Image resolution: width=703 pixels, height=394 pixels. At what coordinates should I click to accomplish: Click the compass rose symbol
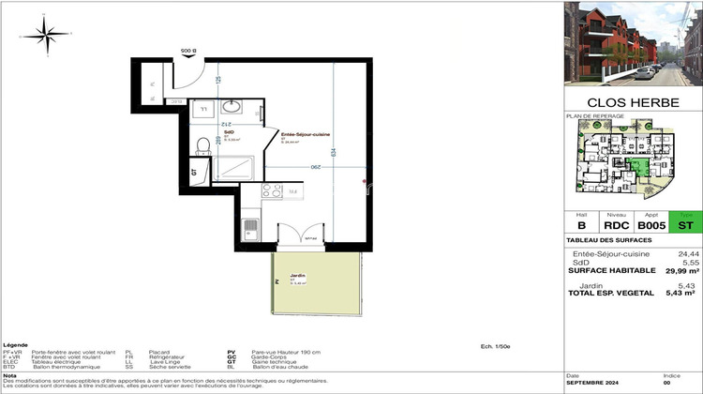coord(43,34)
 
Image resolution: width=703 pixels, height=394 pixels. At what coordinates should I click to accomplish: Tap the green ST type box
coord(686,225)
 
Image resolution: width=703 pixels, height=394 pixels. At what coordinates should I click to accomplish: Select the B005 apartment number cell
coord(653,225)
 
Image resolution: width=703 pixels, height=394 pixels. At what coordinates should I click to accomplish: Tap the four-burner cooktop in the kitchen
coord(272,190)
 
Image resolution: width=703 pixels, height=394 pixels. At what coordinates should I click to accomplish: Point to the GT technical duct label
coord(194,172)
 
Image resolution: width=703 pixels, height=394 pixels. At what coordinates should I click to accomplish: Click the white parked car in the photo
coord(646,71)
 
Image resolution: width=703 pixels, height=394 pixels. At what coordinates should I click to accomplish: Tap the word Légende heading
coord(16,344)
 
